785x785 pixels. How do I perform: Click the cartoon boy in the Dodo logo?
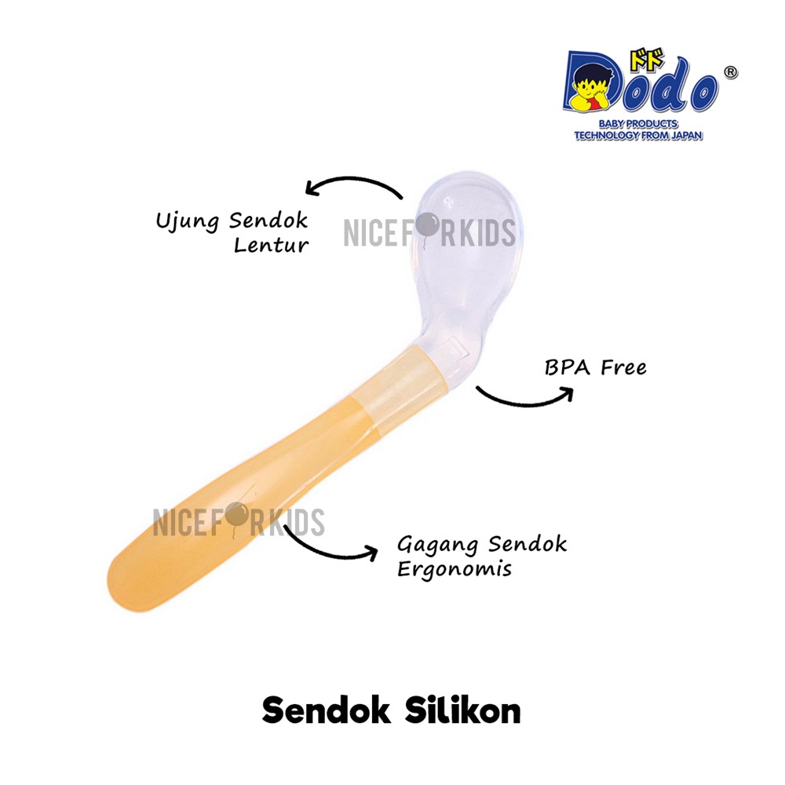tap(590, 90)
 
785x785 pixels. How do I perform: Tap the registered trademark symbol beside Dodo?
tap(730, 71)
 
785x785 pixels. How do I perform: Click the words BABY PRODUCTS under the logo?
tap(638, 124)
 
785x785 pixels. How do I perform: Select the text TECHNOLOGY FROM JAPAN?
tap(638, 135)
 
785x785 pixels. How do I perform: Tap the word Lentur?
tap(271, 245)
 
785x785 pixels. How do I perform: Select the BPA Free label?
tap(595, 367)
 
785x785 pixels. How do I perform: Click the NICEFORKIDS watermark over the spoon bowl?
tap(429, 233)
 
